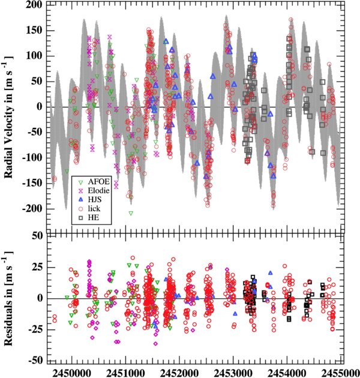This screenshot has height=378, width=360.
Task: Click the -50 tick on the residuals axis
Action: point(32,360)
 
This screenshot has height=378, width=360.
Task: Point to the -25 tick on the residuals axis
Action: point(32,329)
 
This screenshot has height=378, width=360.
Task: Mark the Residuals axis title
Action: point(10,298)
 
